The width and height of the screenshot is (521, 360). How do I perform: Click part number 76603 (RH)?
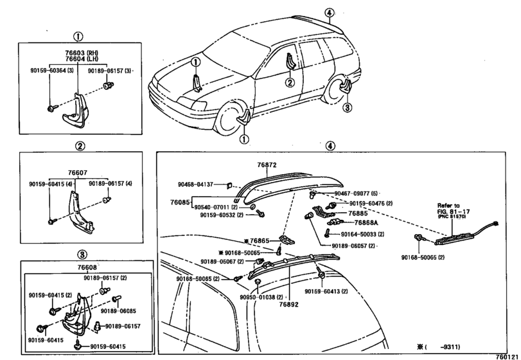(x=82, y=53)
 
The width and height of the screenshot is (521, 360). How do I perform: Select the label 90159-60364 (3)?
(x=52, y=71)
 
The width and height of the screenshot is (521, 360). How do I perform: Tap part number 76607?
(x=78, y=172)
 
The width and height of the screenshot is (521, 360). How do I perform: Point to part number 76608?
(x=87, y=267)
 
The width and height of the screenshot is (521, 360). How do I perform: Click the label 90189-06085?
(x=118, y=311)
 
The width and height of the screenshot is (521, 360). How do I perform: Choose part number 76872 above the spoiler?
(x=267, y=165)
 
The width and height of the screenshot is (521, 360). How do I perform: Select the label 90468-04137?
(x=195, y=184)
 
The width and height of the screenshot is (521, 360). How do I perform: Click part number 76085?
(x=180, y=202)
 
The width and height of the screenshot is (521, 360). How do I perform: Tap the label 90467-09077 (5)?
(x=356, y=193)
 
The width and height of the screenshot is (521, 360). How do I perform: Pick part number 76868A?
(x=366, y=222)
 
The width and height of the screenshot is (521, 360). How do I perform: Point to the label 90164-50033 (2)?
(x=362, y=235)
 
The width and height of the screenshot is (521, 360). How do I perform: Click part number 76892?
(x=288, y=305)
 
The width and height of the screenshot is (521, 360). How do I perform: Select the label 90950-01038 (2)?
(x=261, y=297)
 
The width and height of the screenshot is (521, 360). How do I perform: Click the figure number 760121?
(x=507, y=356)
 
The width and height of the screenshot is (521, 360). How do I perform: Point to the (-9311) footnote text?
(x=439, y=346)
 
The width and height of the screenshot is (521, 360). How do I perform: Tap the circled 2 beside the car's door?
(x=290, y=82)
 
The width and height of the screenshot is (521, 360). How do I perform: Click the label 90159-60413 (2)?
(x=326, y=291)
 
